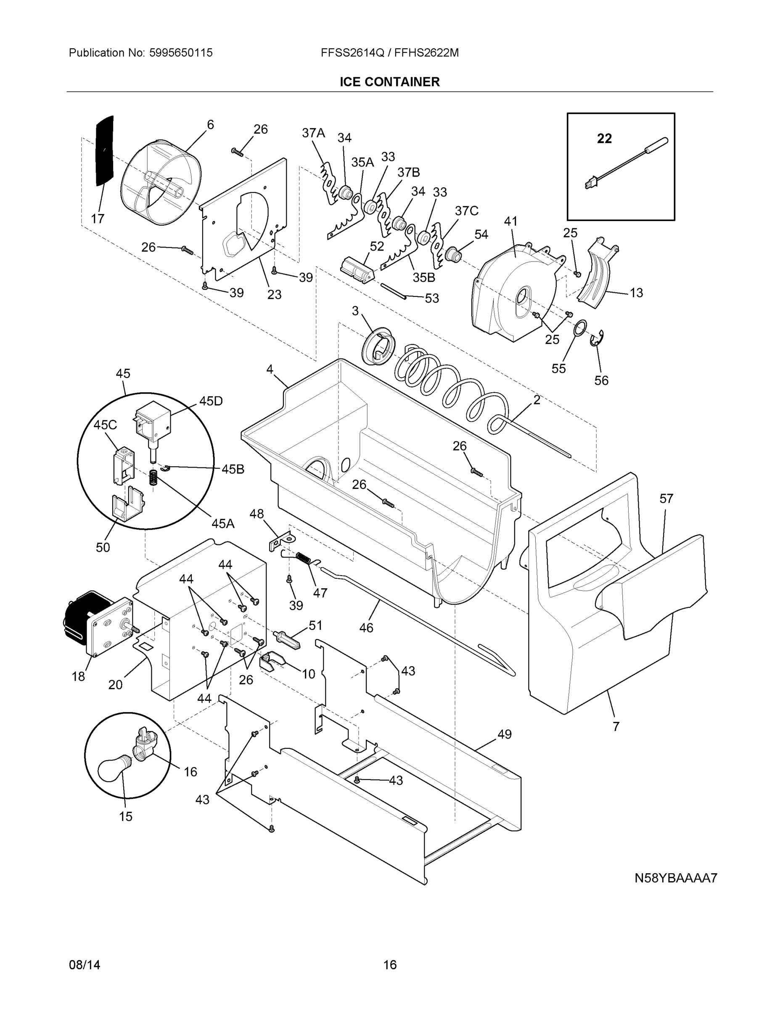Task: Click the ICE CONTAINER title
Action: (389, 82)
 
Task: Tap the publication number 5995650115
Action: (181, 53)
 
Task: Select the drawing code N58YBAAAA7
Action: (676, 878)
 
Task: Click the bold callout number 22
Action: (604, 138)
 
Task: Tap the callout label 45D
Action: (211, 401)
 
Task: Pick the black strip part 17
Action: (105, 151)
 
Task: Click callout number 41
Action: (510, 221)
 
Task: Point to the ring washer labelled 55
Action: (580, 328)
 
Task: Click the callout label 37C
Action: (466, 211)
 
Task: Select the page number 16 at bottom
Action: (389, 965)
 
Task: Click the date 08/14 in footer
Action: (85, 965)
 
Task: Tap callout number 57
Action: (666, 499)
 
